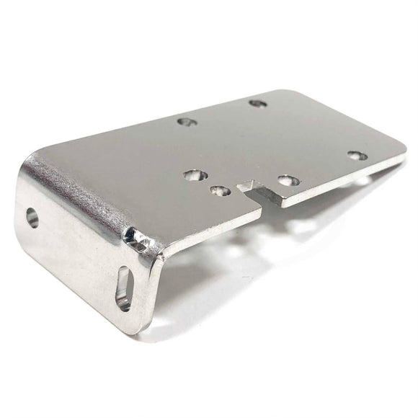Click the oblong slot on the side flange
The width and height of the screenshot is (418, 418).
tap(125, 288)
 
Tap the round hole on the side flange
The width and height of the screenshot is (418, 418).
tap(32, 218)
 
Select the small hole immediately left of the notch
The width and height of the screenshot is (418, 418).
tap(220, 191)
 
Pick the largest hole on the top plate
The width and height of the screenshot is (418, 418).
tap(195, 175)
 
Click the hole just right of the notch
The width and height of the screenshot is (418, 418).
tap(288, 180)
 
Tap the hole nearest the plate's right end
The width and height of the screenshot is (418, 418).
tap(357, 156)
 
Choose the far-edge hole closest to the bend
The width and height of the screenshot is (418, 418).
tap(187, 122)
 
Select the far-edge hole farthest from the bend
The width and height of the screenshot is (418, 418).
tap(257, 104)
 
